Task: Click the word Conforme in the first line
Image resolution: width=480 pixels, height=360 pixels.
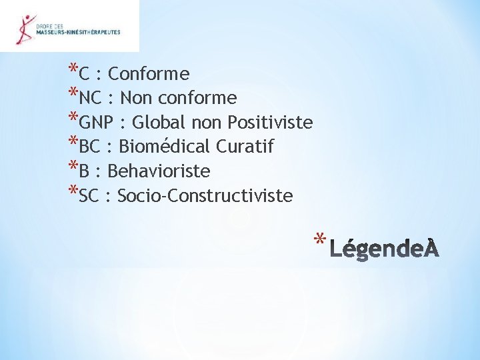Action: [x=148, y=74]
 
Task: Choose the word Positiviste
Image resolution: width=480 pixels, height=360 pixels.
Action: [x=270, y=123]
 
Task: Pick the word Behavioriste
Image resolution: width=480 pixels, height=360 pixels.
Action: [x=159, y=172]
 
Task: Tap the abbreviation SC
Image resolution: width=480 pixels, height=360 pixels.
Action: [x=89, y=197]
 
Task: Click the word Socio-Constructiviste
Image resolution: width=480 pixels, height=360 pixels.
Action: [x=205, y=197]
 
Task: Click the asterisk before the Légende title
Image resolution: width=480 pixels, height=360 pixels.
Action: [x=320, y=239]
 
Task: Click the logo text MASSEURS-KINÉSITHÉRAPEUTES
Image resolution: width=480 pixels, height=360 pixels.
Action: [x=79, y=31]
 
